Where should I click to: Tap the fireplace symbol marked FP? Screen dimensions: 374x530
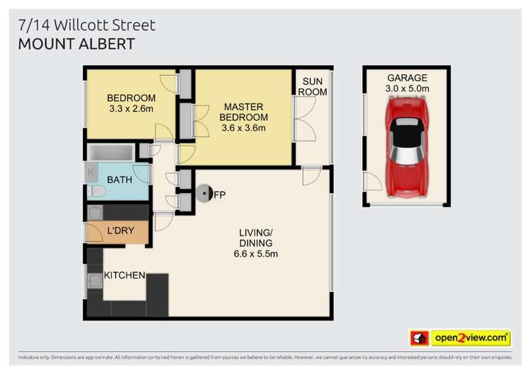point(205,192)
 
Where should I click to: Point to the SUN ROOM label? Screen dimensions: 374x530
point(313,87)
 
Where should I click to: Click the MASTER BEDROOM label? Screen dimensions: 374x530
point(243,111)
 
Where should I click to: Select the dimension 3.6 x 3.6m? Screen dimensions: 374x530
point(243,129)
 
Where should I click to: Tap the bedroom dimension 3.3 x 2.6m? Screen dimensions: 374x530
point(131,109)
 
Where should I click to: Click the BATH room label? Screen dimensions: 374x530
point(120,180)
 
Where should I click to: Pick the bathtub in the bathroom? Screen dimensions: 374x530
point(110,152)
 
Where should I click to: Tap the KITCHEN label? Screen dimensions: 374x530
point(125,275)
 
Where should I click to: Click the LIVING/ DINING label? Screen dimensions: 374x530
point(255,238)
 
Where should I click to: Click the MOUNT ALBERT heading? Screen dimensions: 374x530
point(76,44)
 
